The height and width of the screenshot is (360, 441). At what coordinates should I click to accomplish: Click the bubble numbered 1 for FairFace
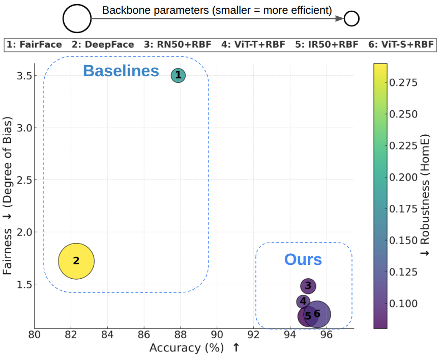(x=178, y=76)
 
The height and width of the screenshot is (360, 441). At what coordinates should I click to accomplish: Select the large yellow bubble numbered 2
(x=76, y=261)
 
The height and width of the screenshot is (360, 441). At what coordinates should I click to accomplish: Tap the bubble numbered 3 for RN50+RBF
(x=308, y=286)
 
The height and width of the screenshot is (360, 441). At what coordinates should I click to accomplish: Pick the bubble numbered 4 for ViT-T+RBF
(x=303, y=302)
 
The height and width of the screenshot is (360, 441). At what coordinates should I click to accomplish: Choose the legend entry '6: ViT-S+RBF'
(x=400, y=45)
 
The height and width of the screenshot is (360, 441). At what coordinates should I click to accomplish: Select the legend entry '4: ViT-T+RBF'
(x=253, y=45)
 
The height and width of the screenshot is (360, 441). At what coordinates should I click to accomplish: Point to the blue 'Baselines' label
(x=121, y=71)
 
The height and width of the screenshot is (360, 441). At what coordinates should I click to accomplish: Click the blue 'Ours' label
(x=303, y=260)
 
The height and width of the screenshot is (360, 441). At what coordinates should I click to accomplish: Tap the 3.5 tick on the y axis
(x=23, y=76)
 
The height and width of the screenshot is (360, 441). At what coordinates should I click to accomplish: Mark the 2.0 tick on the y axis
(x=23, y=232)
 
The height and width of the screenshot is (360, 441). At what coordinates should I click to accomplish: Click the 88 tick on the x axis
(x=181, y=336)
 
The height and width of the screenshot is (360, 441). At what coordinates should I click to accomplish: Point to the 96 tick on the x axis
(x=327, y=336)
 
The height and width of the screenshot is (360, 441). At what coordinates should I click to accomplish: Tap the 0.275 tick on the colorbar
(x=403, y=82)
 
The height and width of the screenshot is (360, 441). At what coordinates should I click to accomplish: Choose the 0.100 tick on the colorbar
(x=403, y=304)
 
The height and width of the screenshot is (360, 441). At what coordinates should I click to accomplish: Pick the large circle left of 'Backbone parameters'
(x=77, y=19)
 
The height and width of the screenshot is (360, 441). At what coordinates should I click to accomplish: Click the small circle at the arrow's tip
(x=351, y=19)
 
